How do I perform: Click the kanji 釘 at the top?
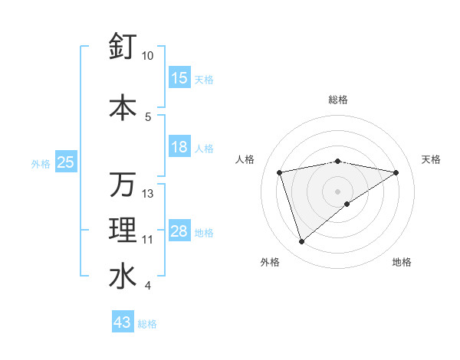123,47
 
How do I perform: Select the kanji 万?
123,185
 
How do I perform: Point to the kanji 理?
123,231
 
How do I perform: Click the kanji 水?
123,277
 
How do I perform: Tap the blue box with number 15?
179,78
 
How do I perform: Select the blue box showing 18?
179,147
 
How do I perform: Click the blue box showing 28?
179,231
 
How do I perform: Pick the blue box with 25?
65,162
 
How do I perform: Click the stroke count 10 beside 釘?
148,56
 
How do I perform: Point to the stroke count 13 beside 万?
148,194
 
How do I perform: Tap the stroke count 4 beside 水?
148,286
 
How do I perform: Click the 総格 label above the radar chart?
338,100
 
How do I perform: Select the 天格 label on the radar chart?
431,159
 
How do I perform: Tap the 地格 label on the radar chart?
402,262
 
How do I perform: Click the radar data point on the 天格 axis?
396,172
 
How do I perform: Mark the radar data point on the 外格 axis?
302,242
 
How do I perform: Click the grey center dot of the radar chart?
338,191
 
